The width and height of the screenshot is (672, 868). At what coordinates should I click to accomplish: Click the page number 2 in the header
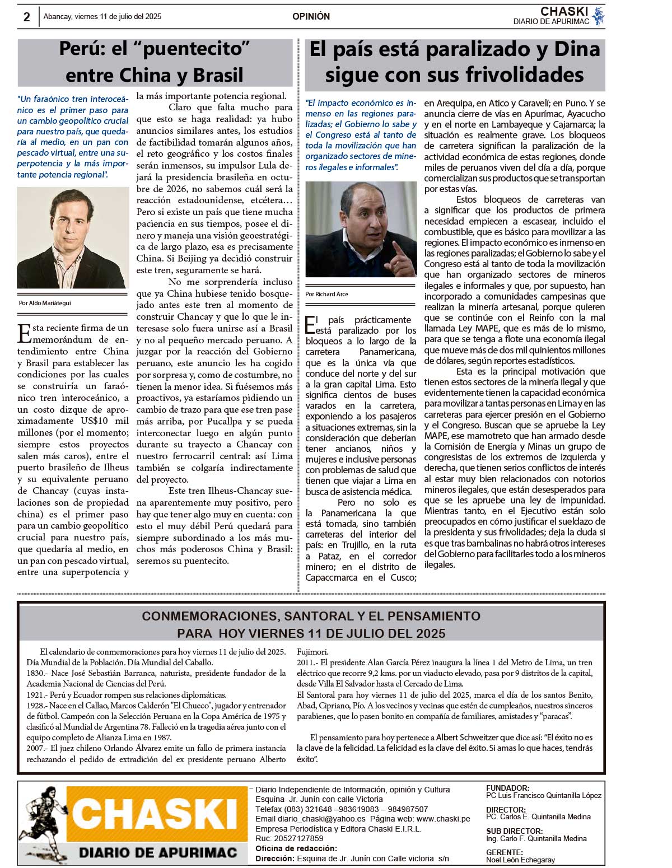26,17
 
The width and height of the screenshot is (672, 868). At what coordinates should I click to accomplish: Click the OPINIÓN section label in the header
311,17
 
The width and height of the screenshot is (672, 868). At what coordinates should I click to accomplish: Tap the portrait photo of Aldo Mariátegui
73,237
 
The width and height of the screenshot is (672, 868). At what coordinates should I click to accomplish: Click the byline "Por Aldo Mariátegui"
45,303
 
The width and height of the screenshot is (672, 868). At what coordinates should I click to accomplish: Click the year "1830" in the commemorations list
35,673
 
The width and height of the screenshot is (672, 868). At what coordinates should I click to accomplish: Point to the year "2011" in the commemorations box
306,662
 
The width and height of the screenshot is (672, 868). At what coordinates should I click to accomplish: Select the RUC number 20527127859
298,838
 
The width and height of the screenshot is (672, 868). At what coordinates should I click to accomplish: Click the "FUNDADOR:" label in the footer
507,788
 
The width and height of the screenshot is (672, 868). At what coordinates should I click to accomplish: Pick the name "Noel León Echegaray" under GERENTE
520,860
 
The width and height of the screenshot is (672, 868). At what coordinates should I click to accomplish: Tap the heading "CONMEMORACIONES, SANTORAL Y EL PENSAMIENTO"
311,616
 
